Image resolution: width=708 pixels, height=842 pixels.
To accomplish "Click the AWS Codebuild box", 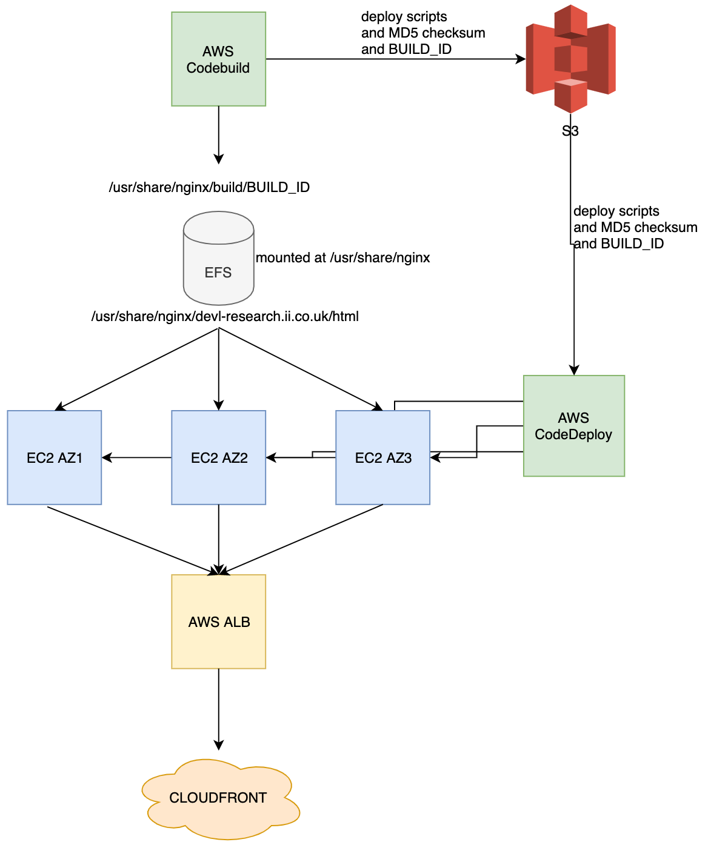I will pos(218,59).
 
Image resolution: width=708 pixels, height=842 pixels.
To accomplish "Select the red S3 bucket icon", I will pos(570,59).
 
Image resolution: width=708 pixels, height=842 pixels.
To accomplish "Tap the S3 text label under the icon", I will pos(570,131).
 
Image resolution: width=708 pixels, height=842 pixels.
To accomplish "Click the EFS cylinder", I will pos(218,259).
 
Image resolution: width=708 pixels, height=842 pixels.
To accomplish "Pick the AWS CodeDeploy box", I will pos(573,426).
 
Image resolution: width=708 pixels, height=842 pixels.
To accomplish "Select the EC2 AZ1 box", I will pos(55,458).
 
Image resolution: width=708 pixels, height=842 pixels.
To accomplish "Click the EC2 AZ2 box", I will pos(218,458).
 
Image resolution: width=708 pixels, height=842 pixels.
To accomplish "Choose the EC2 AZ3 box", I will pos(382,458).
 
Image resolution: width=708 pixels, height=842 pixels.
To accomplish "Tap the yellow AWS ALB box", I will pos(218,622).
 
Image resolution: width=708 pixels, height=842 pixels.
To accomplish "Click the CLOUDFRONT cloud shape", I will pos(218,798).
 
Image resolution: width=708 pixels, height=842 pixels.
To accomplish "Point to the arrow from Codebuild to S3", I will pos(394,59).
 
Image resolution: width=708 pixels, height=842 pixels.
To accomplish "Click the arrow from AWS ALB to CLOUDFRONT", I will pos(218,709).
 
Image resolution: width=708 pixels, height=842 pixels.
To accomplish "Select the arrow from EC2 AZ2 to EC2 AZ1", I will pos(137,458).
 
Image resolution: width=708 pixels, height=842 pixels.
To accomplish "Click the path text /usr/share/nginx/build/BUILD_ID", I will pos(209,187).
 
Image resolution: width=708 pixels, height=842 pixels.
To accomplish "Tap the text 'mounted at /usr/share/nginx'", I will pos(342,257).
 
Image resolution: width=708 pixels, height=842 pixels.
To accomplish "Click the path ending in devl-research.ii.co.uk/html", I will pos(225,316).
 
